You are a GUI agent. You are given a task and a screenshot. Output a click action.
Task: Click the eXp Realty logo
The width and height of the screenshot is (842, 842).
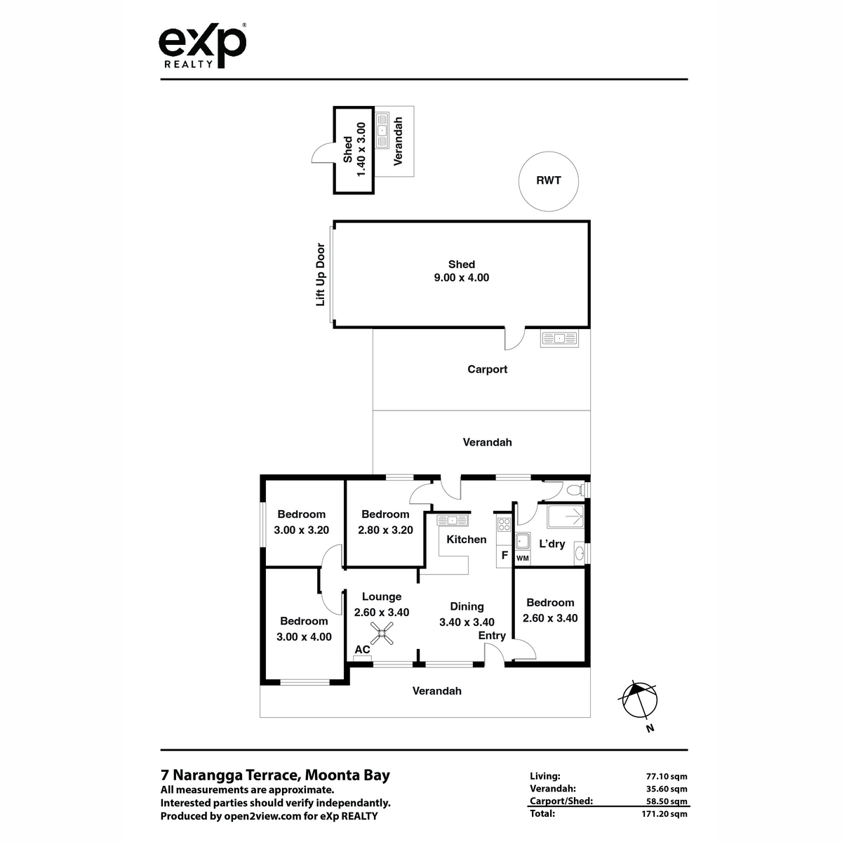(x=202, y=46)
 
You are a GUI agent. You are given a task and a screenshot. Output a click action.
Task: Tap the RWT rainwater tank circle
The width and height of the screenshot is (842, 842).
(x=549, y=152)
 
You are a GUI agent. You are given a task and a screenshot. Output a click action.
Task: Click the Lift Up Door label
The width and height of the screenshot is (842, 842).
(x=320, y=274)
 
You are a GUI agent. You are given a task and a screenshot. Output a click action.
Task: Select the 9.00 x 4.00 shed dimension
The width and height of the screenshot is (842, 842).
(x=462, y=277)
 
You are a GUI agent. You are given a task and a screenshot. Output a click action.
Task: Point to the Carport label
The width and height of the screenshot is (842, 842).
(x=487, y=369)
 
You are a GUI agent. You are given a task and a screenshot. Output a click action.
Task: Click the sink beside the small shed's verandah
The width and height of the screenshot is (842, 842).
(x=382, y=131)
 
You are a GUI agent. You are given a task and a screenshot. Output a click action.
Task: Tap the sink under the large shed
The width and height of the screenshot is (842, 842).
(x=559, y=338)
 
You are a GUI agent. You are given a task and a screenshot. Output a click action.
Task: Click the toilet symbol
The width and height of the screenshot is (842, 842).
(x=576, y=489)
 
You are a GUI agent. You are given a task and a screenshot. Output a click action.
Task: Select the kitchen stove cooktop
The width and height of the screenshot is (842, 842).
(x=504, y=524)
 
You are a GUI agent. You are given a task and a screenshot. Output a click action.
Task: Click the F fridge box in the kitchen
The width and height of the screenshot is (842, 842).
(x=504, y=555)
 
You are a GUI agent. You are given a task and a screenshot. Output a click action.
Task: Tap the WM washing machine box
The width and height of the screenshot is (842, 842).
(x=523, y=558)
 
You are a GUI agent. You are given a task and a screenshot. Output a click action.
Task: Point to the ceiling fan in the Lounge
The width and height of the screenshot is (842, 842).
(x=382, y=633)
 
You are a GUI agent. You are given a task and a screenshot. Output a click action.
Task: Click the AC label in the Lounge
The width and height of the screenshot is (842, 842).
(x=362, y=649)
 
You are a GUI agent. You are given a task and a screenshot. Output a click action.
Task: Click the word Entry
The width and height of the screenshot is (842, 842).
(x=492, y=635)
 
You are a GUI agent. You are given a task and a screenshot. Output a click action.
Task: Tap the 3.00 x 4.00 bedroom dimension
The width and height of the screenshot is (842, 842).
(x=304, y=636)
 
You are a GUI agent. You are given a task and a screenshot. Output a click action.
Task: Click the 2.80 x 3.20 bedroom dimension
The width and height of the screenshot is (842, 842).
(x=385, y=530)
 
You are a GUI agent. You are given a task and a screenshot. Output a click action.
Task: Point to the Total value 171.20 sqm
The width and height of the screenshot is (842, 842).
(x=664, y=814)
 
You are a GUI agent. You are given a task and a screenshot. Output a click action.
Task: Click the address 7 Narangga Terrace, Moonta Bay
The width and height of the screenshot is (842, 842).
(x=275, y=775)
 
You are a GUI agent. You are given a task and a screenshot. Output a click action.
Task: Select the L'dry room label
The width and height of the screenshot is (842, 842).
(x=552, y=544)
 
